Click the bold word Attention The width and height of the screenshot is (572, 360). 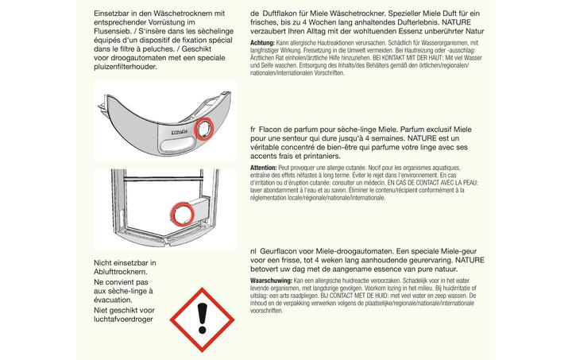264,168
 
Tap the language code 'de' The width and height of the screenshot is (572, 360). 254,14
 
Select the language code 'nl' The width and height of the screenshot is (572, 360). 253,250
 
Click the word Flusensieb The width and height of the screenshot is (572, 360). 117,34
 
